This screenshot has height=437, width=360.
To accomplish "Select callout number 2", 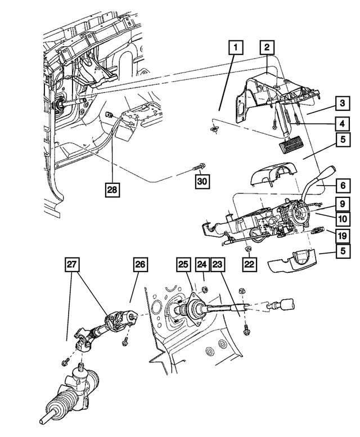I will coord(268,48).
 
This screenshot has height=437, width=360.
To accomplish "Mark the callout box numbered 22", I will coord(249,263).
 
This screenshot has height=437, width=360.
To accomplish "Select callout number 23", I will coord(218,263).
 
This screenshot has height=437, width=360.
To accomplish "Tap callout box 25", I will coord(183,263).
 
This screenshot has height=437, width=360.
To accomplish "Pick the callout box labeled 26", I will coord(141,263).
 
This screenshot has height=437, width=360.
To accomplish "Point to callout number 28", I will coord(112,191).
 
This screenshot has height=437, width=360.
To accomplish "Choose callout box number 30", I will coord(202,181).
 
